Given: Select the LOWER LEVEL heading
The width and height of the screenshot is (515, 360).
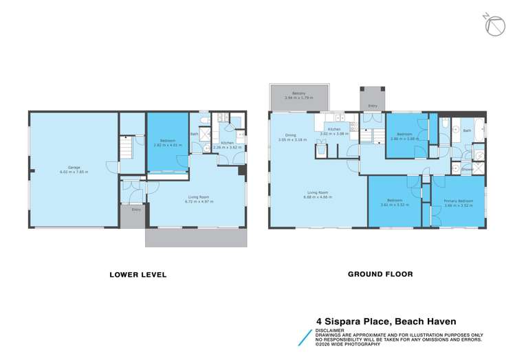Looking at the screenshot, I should (x=138, y=274).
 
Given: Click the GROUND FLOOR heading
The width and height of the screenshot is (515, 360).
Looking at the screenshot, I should (x=380, y=273).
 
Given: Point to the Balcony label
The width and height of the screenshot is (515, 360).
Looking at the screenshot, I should (x=298, y=93).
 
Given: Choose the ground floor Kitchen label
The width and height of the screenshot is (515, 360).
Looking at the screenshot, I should (x=333, y=128).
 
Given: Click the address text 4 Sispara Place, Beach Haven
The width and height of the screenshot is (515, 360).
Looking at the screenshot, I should (x=386, y=319).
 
